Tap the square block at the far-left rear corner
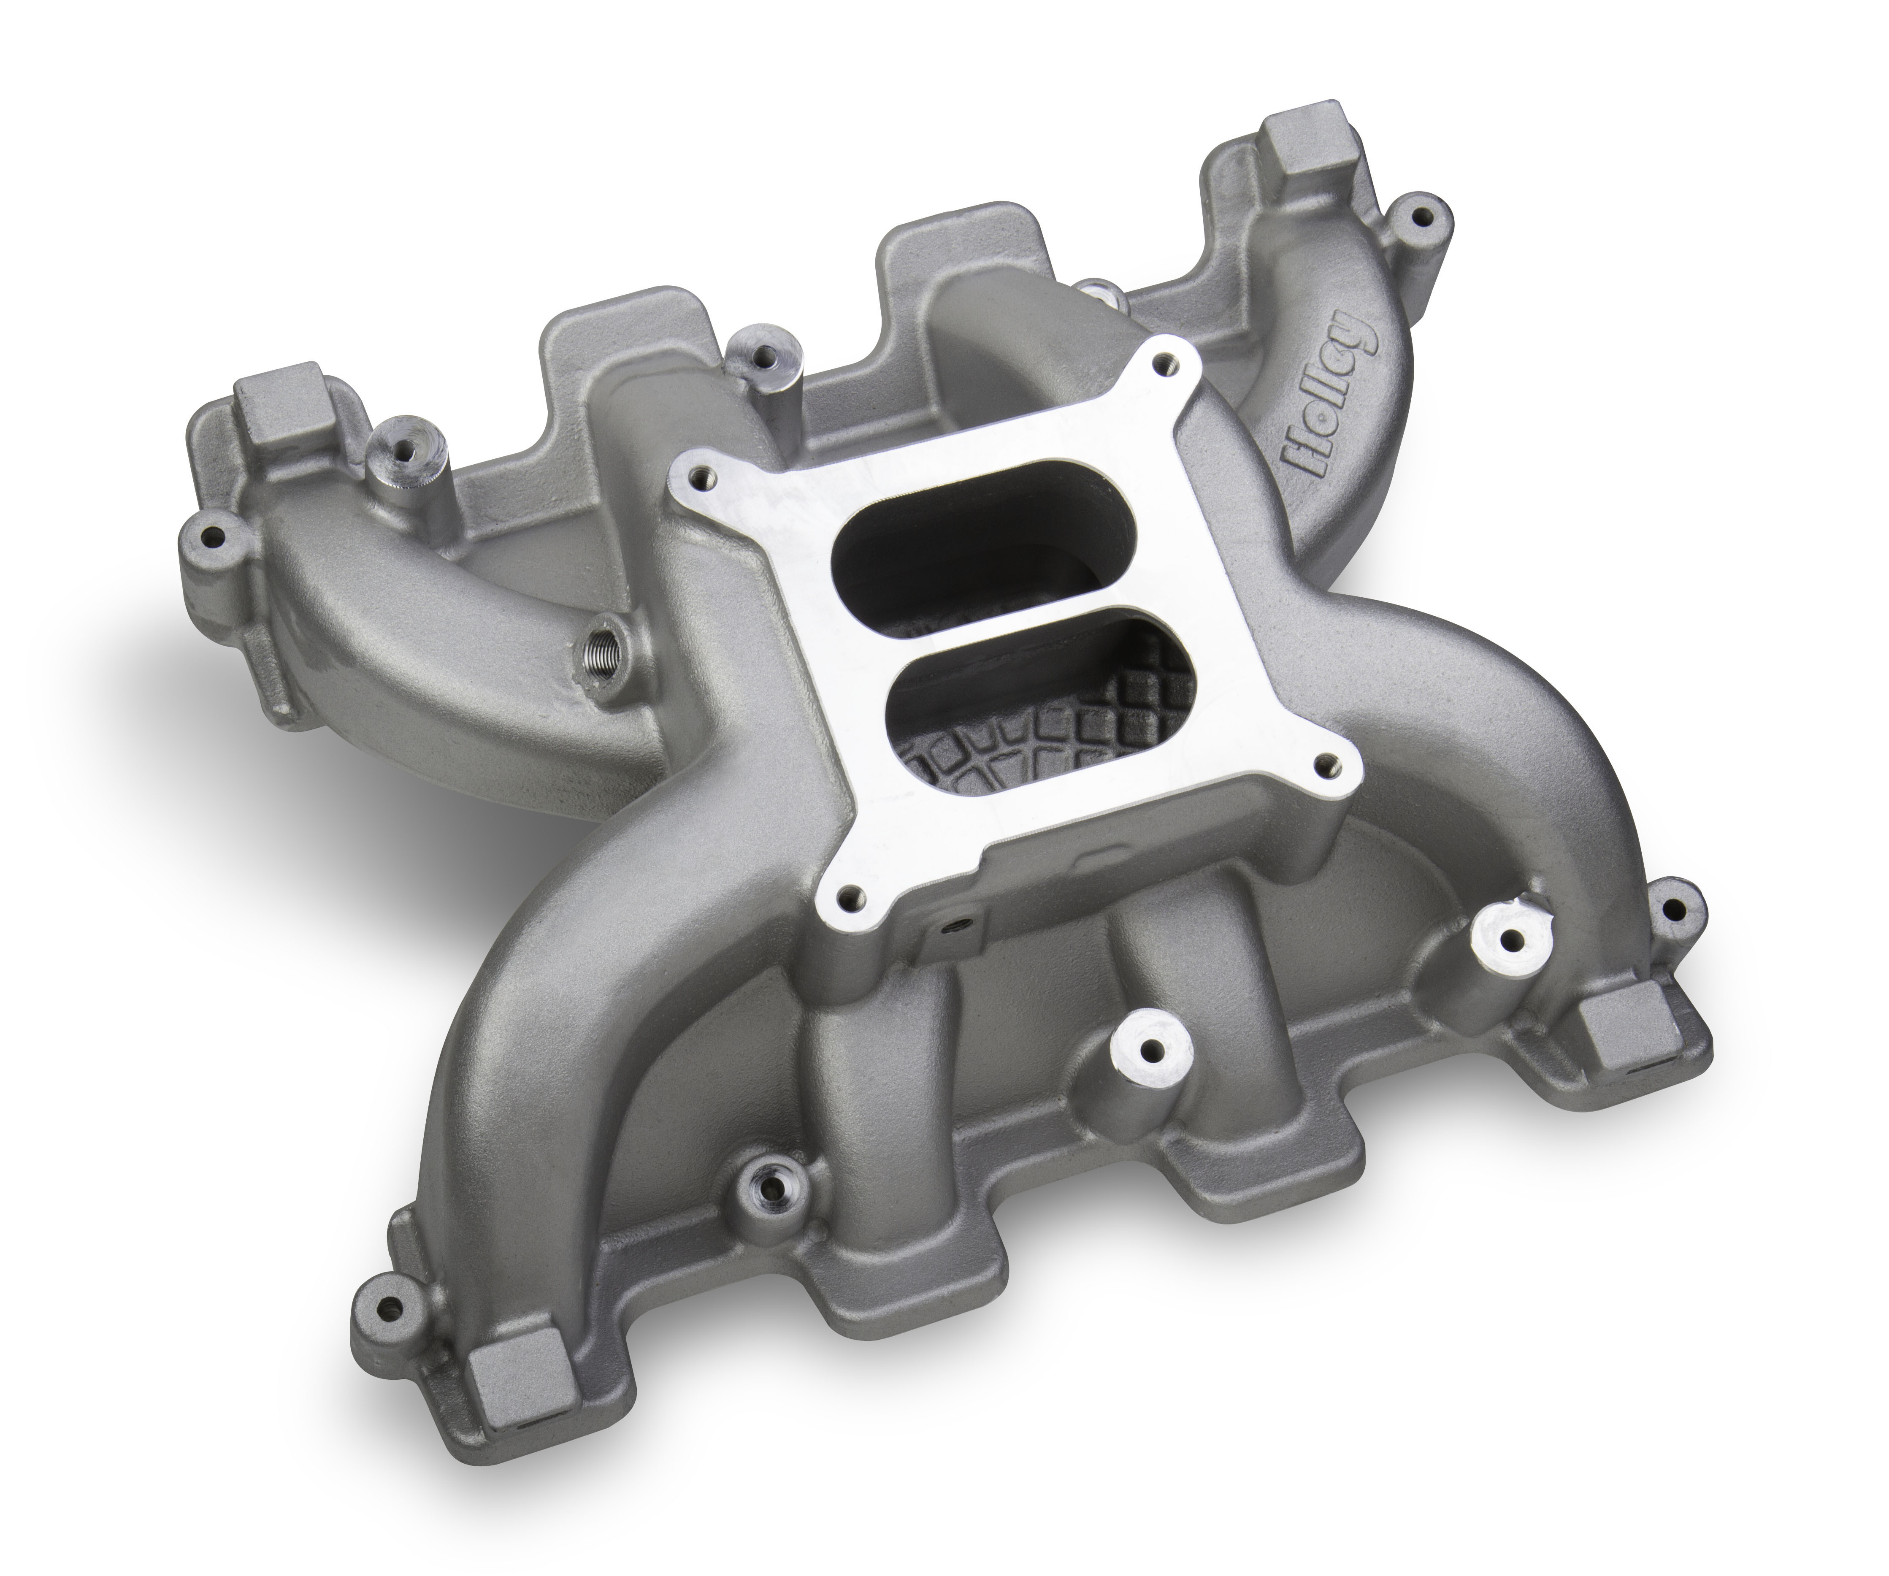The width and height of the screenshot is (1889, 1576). pyautogui.click(x=268, y=394)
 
